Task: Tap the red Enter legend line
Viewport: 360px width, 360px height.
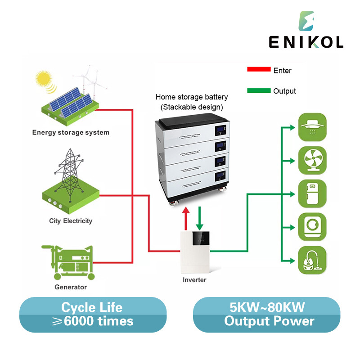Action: pos(258,70)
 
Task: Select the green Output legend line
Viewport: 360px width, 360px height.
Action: pos(258,91)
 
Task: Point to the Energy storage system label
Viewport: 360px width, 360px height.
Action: pos(71,132)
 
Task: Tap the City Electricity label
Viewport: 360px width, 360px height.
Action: pos(71,221)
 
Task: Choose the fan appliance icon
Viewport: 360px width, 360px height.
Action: pos(312,159)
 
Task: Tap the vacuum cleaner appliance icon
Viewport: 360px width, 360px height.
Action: pos(312,259)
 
